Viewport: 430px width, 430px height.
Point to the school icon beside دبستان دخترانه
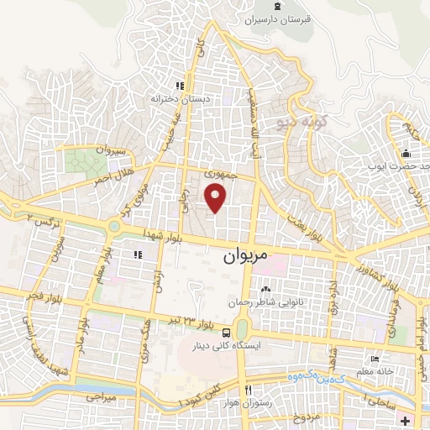179,86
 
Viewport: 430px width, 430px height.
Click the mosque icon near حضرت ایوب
406,154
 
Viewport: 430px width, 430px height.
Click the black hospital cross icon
406,419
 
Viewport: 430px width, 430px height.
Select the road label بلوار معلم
101,261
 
